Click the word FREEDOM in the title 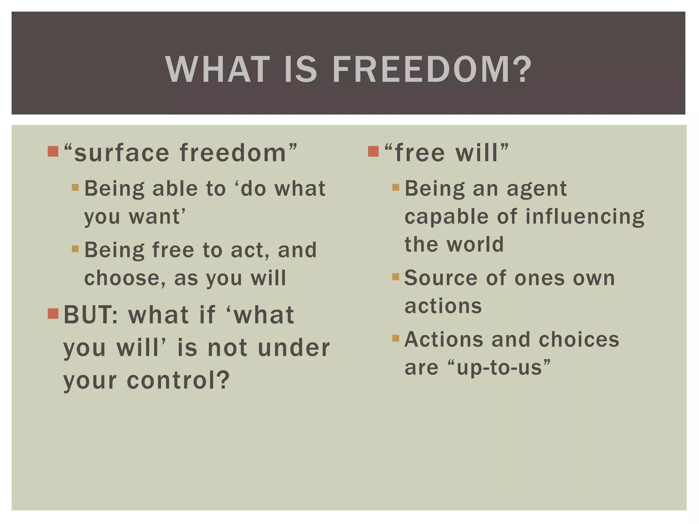click(432, 70)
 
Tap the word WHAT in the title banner click(218, 70)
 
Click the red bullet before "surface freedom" click(53, 151)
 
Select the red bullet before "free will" click(373, 151)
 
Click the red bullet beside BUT click(53, 313)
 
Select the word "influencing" click(585, 217)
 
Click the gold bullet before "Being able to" click(75, 187)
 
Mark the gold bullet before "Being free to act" click(75, 249)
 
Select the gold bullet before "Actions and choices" click(396, 338)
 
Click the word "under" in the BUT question click(294, 348)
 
